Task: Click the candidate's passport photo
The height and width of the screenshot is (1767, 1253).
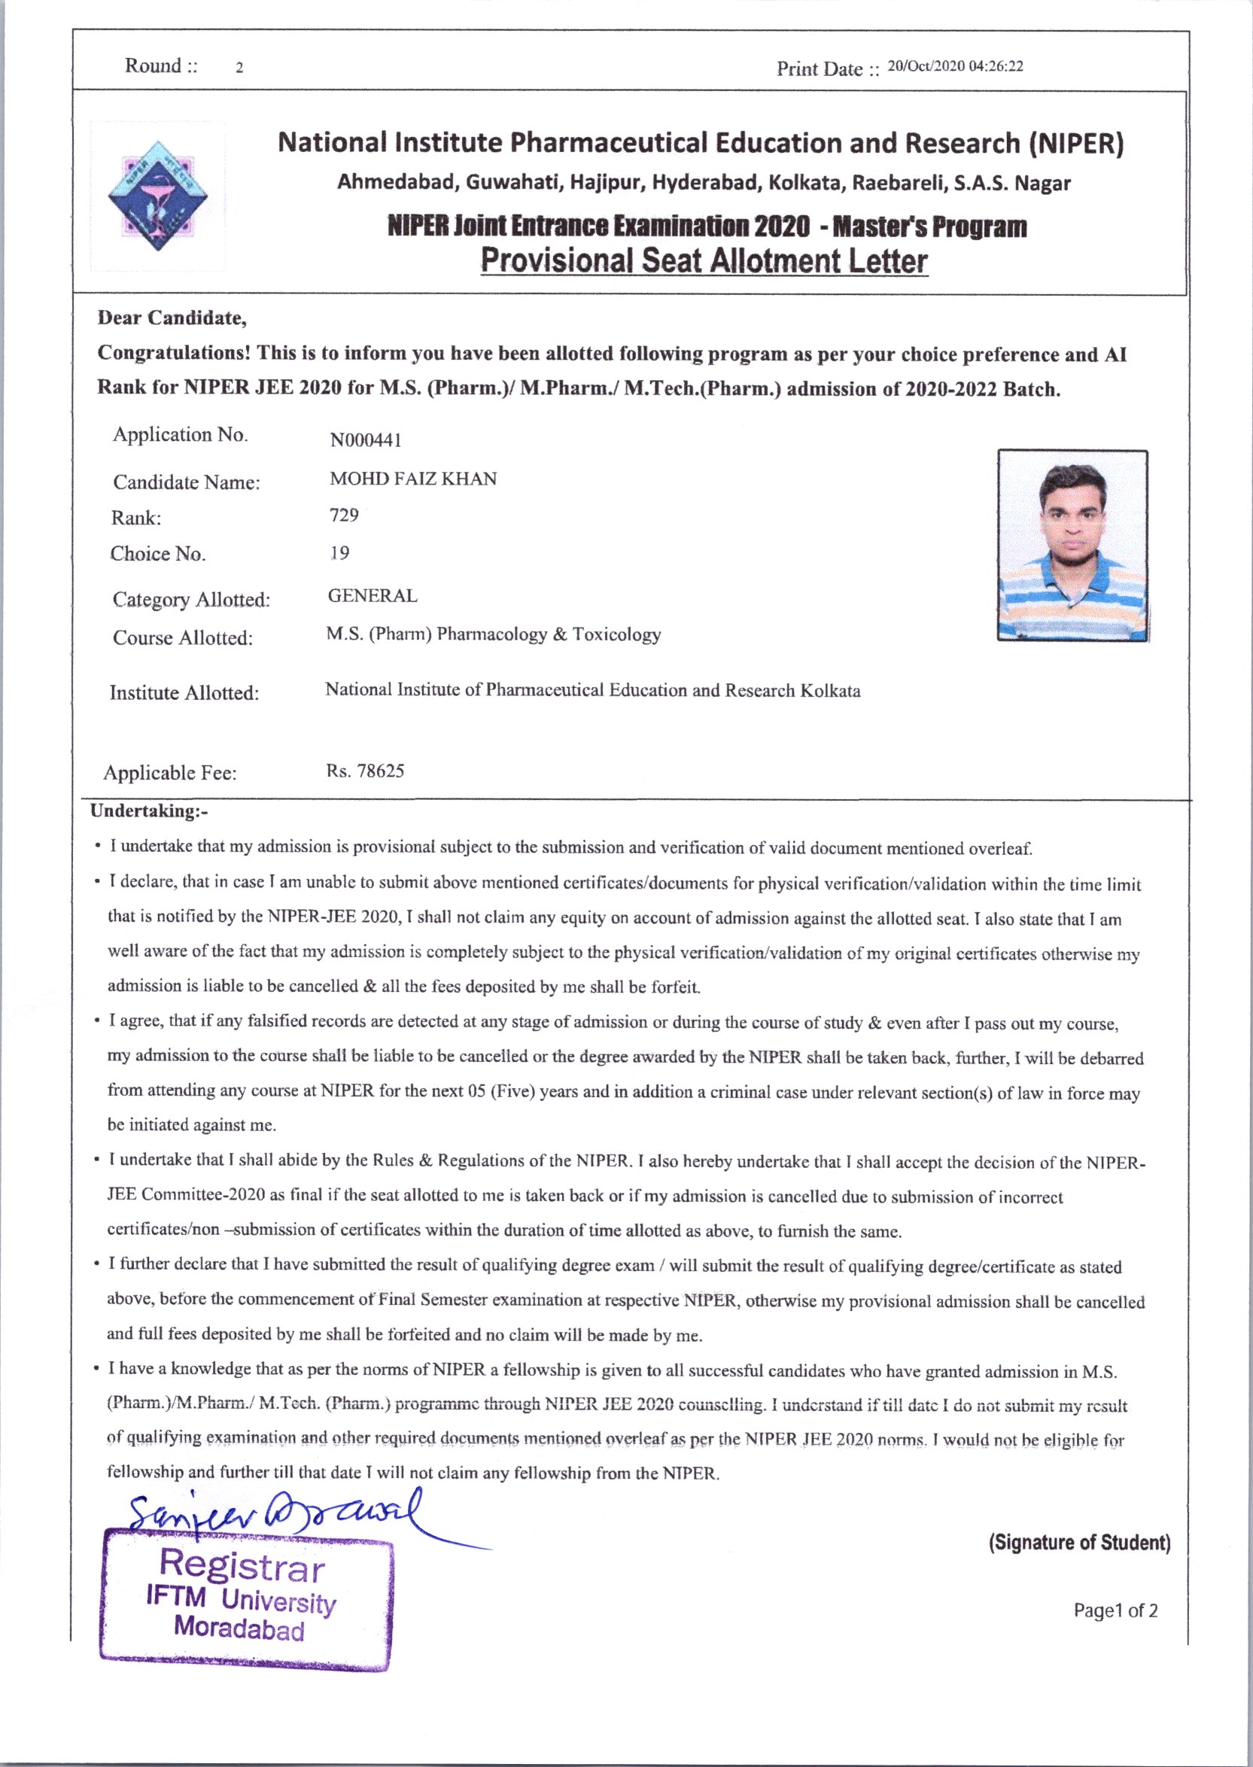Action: click(1072, 546)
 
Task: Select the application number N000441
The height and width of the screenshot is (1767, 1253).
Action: click(366, 439)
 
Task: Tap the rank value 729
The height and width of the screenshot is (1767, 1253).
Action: click(344, 515)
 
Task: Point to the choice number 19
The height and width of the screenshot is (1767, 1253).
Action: click(339, 552)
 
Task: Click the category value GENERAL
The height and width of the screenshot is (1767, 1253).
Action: click(373, 596)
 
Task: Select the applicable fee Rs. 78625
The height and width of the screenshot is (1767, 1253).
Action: click(365, 771)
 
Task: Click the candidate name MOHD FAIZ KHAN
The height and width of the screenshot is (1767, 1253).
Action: click(413, 479)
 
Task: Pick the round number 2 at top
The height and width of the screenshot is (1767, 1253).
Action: click(240, 68)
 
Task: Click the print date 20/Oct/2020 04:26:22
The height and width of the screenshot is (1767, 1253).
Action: click(955, 66)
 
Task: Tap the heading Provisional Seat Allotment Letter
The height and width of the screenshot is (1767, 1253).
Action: click(704, 260)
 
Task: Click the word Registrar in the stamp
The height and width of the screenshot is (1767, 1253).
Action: click(242, 1566)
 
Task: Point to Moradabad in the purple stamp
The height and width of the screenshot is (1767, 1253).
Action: click(239, 1628)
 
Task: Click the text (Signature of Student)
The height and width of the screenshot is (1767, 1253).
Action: click(1079, 1543)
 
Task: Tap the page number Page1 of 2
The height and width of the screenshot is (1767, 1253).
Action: click(1115, 1610)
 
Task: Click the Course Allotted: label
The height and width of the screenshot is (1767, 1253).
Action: click(183, 638)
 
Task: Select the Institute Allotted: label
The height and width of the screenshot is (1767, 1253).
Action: click(184, 693)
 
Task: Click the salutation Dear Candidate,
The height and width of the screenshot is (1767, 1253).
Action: click(172, 318)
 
